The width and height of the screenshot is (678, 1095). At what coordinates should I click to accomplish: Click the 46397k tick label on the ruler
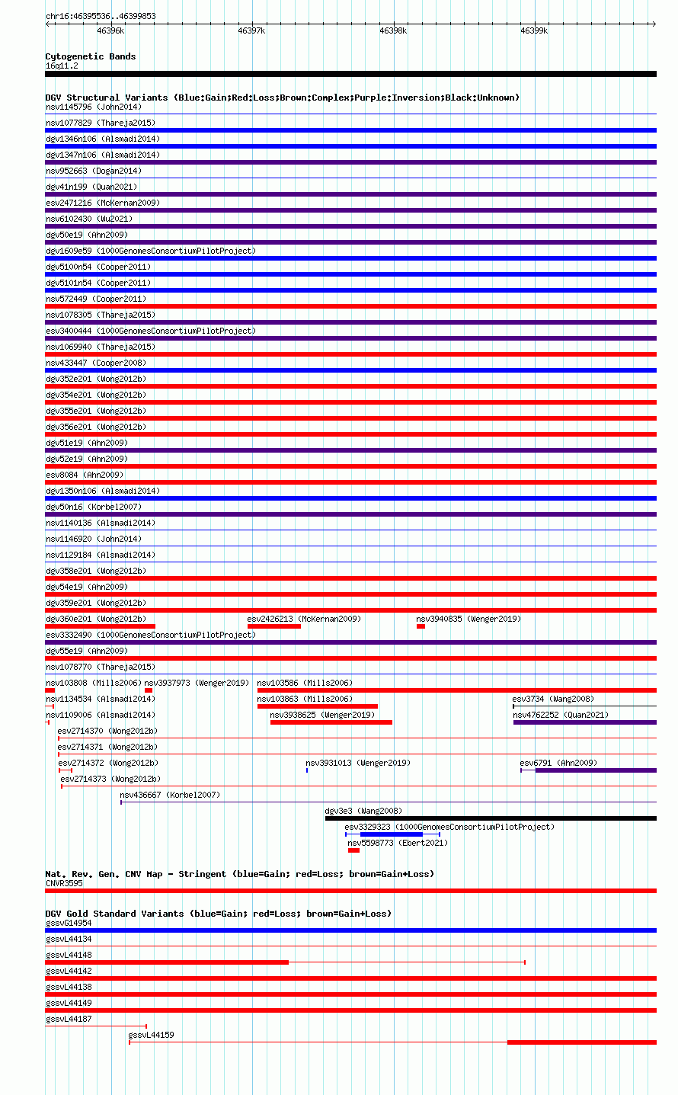coord(251,30)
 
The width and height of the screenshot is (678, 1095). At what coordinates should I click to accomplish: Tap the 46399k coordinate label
coord(534,30)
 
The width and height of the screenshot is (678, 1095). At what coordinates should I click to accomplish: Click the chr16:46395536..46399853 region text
coord(101,16)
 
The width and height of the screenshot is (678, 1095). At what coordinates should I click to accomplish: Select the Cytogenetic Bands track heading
coord(91,56)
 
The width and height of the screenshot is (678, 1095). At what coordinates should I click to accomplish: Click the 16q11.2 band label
coord(62,66)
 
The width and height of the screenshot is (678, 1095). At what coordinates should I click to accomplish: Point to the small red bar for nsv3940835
coord(421,626)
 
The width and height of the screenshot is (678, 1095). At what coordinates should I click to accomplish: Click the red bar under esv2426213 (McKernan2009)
coord(273,626)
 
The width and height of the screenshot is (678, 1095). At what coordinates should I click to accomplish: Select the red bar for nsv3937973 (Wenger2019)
coord(149,690)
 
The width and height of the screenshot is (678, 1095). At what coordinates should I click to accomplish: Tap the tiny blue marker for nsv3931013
coord(307,770)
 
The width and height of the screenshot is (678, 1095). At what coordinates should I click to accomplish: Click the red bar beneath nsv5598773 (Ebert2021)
coord(354,850)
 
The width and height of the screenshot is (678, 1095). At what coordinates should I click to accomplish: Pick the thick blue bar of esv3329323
coord(392,834)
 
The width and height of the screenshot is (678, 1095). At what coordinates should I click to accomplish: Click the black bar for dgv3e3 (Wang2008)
coord(491,818)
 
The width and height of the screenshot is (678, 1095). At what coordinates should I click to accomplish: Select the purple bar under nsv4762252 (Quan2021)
coord(584,722)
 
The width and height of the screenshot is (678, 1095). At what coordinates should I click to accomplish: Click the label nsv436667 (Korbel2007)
coord(170,795)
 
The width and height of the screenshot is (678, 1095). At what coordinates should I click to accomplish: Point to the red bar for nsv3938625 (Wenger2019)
coord(331,722)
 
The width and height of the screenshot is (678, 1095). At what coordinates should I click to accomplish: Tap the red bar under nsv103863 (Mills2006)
coord(317,706)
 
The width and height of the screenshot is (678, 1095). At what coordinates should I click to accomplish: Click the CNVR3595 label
coord(64,883)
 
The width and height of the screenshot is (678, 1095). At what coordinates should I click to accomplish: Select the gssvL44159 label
coord(151,1035)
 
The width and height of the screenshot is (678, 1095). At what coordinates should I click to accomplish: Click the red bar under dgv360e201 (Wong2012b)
coord(101,626)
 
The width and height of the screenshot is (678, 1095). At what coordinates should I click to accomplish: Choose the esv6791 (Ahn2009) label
coord(558,763)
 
